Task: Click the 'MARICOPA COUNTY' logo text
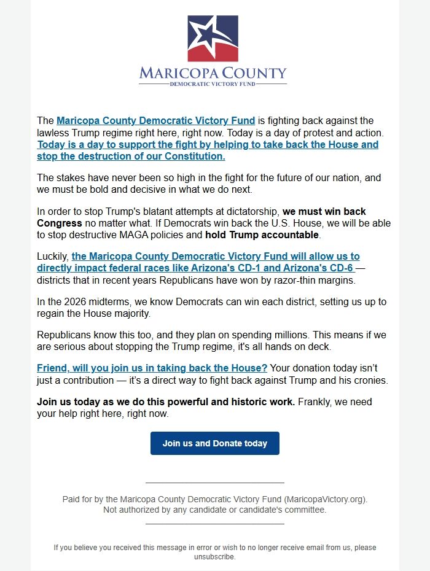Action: [213, 73]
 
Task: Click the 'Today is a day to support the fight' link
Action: [208, 145]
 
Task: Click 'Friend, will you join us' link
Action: [152, 368]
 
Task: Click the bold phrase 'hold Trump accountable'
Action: [262, 235]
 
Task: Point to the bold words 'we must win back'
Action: [324, 212]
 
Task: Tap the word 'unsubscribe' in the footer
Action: [215, 557]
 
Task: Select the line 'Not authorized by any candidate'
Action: [214, 510]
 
